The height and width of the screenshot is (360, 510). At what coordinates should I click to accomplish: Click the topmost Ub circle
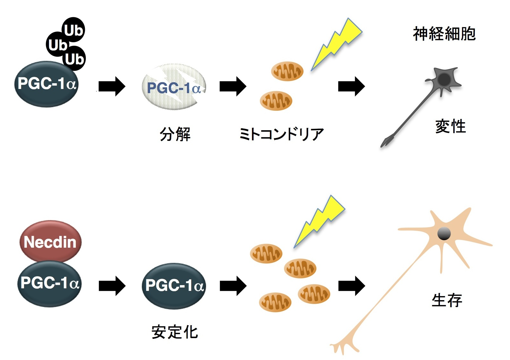73,30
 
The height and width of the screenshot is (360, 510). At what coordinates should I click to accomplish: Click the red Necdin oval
50,241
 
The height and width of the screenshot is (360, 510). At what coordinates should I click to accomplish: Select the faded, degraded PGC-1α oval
174,87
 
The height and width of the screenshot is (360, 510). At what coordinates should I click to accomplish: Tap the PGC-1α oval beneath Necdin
49,284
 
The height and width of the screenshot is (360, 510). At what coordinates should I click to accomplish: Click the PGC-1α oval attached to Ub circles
46,84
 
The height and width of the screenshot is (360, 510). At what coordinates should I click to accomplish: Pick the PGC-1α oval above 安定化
174,285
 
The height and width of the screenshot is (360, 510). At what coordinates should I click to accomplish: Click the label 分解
175,134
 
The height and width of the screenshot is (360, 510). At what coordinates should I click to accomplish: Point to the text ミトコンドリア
281,134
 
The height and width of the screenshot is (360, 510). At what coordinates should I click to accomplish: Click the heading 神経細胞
444,34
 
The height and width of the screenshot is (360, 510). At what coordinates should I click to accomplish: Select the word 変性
450,126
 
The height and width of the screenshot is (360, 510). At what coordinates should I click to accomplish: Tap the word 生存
447,300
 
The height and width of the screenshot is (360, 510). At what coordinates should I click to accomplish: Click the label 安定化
175,332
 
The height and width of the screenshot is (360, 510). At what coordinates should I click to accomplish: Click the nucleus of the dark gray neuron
444,79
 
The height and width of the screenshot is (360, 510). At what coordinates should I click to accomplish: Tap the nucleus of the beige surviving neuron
444,234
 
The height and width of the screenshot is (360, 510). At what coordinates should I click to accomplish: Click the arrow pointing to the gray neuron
351,86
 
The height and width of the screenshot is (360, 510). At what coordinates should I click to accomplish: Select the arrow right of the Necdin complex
112,285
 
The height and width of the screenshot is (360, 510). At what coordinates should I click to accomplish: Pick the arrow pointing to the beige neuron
351,285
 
